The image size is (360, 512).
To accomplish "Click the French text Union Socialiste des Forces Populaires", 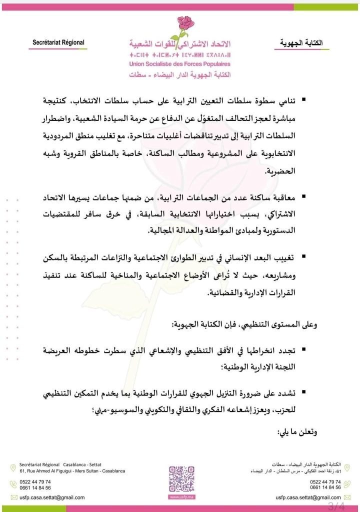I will click(179, 64).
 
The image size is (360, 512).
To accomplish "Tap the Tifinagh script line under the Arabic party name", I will click(179, 55).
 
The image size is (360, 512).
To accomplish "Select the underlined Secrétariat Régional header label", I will click(58, 43).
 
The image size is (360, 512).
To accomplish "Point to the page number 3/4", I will click(336, 505).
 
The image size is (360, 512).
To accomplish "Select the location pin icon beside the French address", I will click(13, 468).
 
